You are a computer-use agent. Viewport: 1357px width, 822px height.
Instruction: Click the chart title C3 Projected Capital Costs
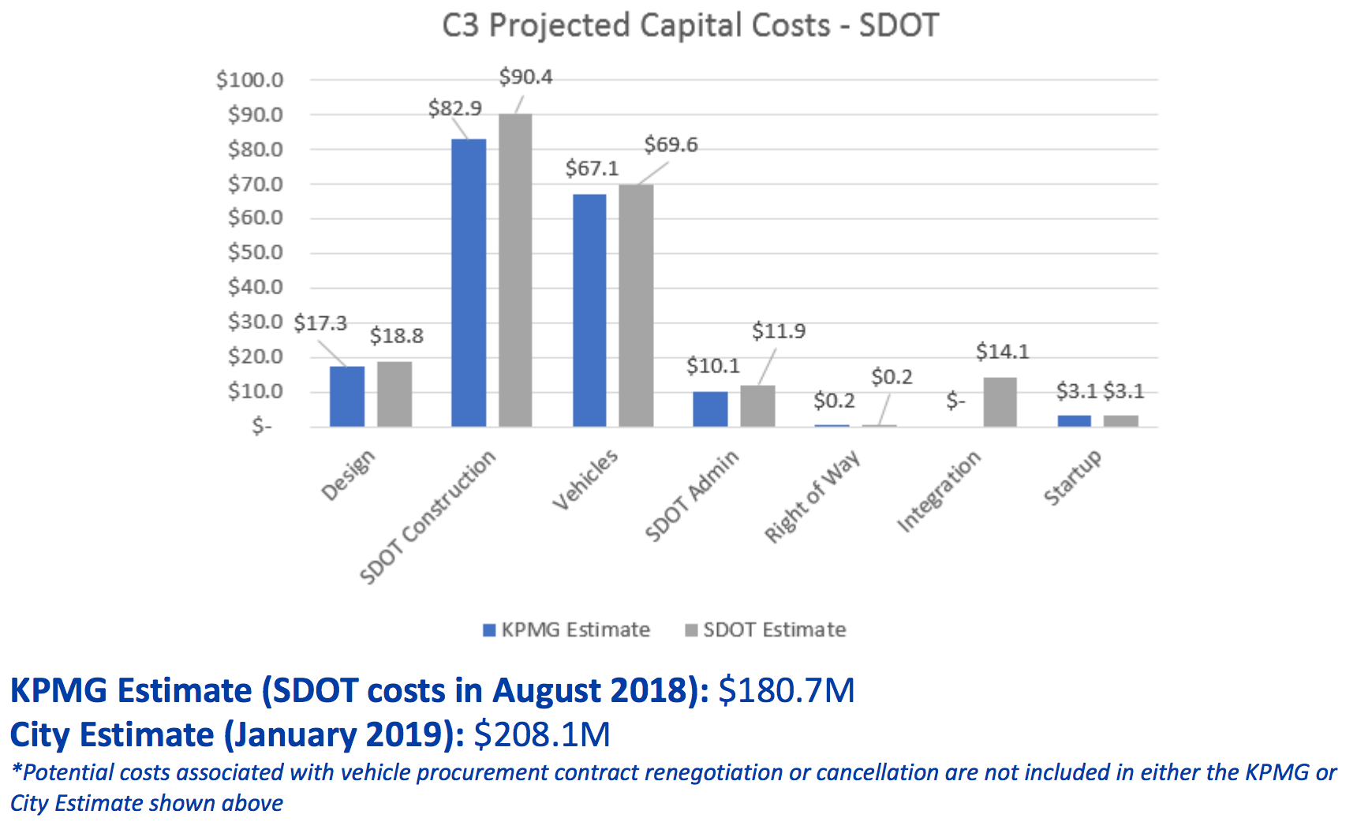pos(690,25)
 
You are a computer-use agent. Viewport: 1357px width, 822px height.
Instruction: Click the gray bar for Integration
pos(1000,402)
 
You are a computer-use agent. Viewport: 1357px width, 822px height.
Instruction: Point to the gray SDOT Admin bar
pos(757,406)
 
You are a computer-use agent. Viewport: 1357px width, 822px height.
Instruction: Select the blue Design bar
pos(347,397)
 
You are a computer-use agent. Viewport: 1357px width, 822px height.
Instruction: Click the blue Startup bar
pos(1074,421)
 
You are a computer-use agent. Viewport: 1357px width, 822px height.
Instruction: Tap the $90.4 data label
pos(525,77)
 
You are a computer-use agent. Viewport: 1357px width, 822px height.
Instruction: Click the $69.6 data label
pos(671,145)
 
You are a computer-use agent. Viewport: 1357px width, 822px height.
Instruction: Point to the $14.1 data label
pos(1002,352)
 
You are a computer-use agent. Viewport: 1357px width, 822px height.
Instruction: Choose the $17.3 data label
pos(320,323)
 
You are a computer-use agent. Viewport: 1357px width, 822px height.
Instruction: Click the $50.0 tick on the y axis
pos(255,252)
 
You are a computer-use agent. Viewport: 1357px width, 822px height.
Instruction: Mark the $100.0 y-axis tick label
pos(249,80)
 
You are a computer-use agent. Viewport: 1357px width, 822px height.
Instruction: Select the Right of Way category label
pos(812,498)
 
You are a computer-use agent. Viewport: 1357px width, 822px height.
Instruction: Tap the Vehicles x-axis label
pos(585,480)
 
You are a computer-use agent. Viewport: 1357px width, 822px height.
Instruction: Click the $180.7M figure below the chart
pos(787,690)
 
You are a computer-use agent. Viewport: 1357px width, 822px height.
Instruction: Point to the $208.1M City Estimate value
pos(542,734)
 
